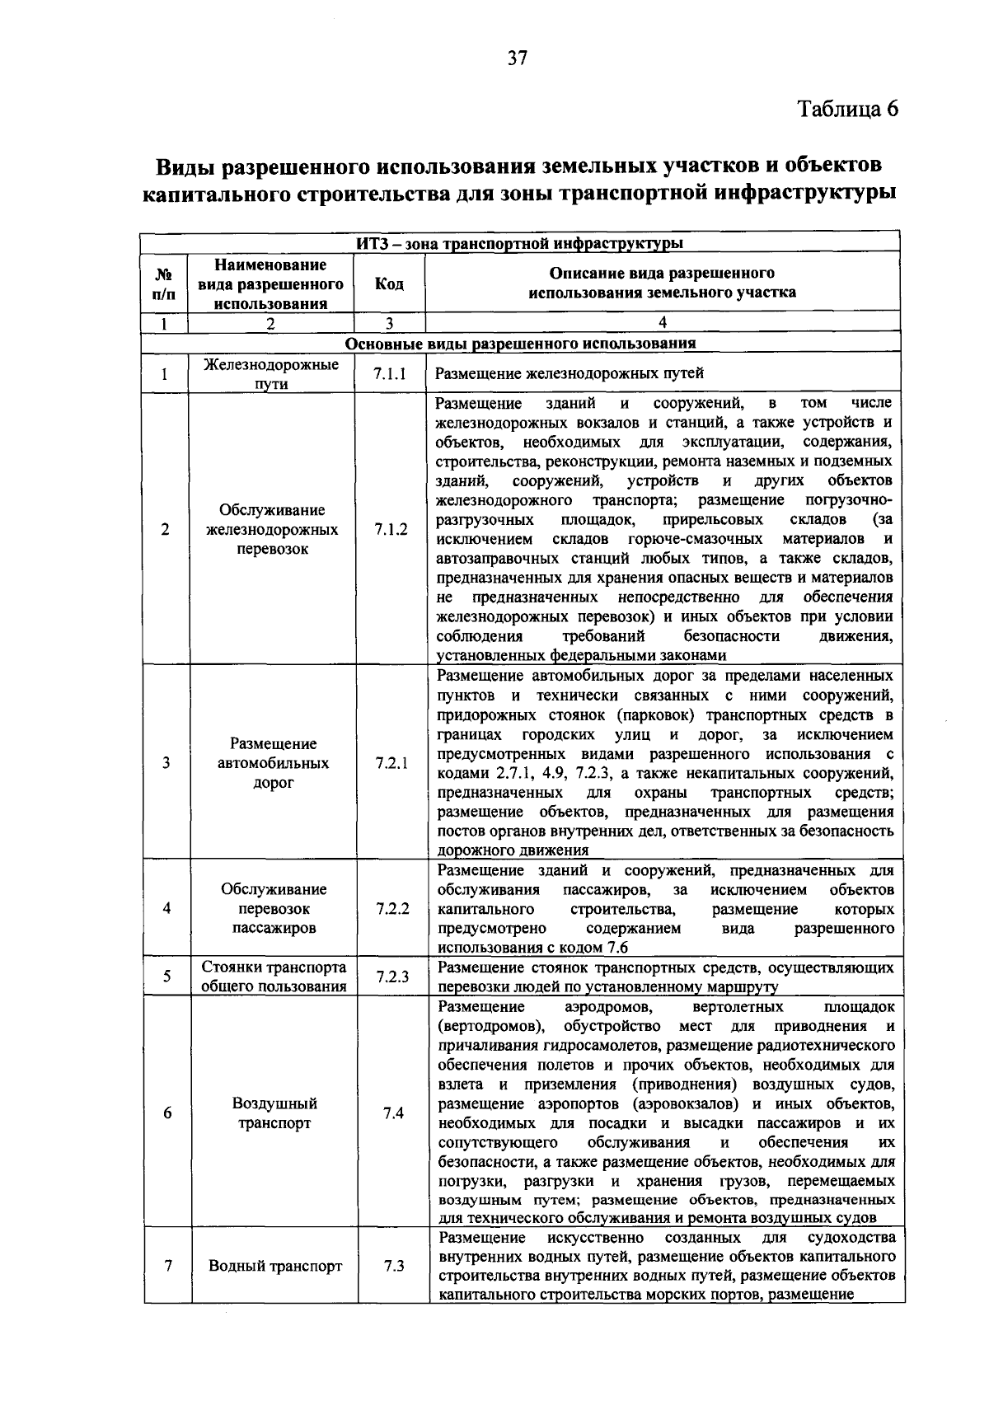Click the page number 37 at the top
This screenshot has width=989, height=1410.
coord(517,58)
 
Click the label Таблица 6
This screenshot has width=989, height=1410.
coord(846,110)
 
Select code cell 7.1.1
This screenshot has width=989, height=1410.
coord(390,373)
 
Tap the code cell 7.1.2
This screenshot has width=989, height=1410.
coord(391,529)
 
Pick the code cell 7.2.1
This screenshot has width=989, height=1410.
coord(391,763)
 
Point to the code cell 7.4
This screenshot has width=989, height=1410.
coord(393,1113)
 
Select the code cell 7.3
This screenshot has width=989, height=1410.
coord(393,1266)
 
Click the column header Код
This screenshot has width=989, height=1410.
coord(389,284)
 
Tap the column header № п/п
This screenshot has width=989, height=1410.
coord(164,284)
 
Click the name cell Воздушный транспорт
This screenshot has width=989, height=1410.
coord(274,1113)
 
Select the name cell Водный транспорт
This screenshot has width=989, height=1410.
coord(274,1266)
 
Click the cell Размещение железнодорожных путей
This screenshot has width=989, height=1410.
coord(569,373)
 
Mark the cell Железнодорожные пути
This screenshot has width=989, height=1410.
coord(271,374)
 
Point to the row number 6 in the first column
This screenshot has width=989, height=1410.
coord(167,1113)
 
